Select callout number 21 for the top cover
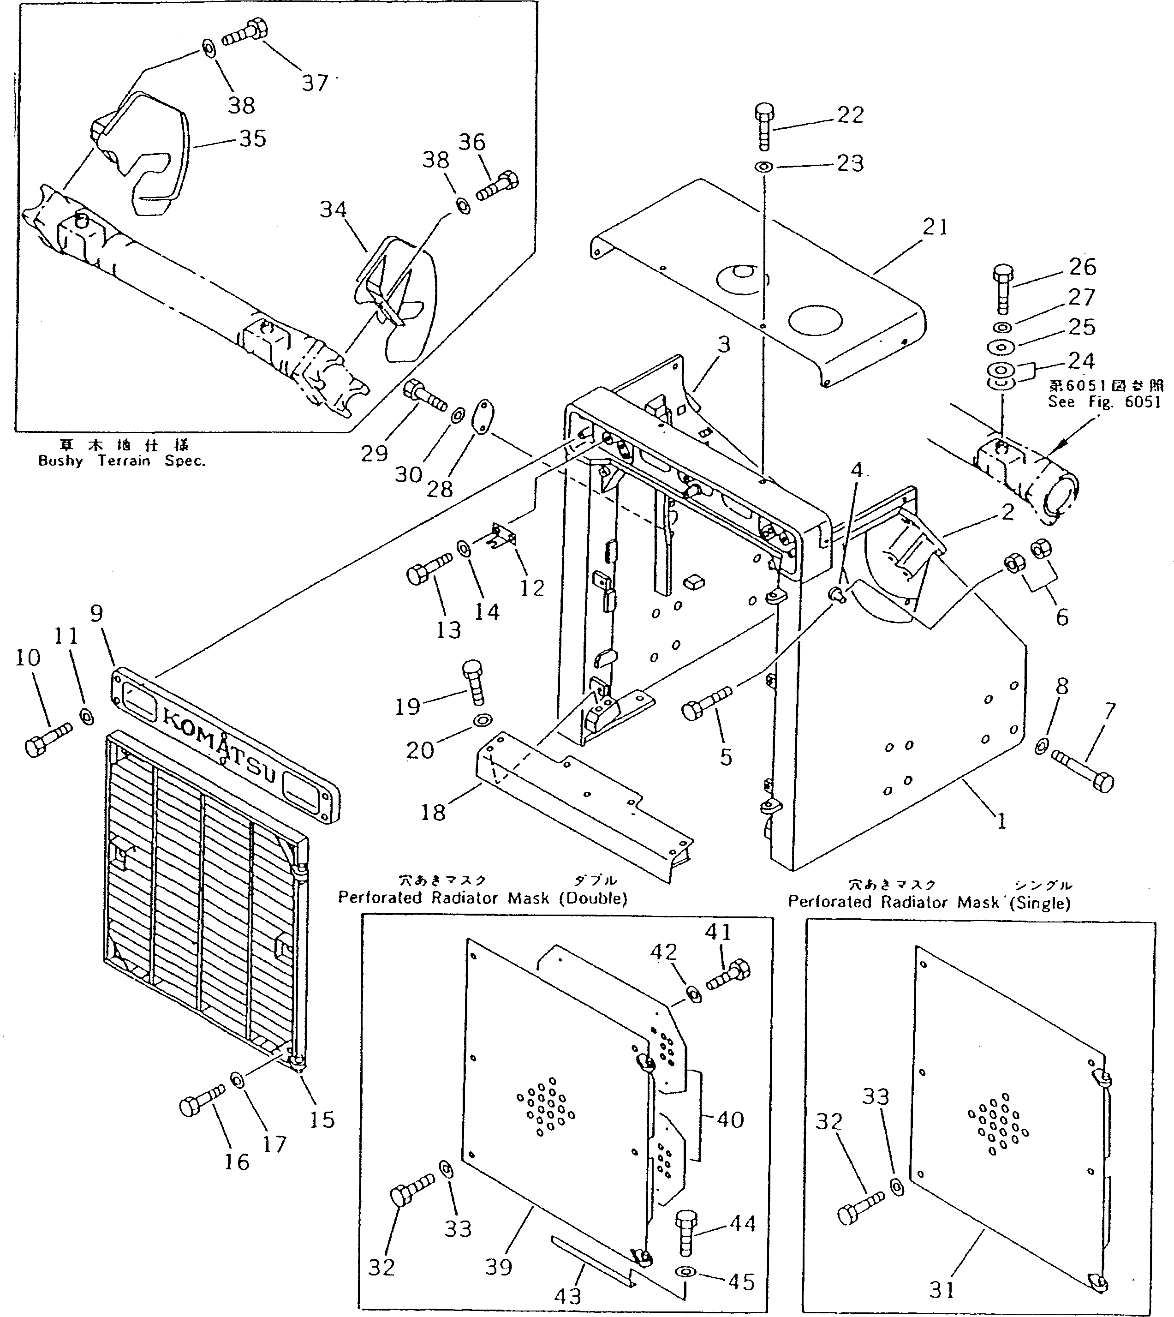pos(936,227)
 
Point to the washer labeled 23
pos(764,167)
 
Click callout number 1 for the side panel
pos(1001,821)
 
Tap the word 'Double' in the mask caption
pos(593,898)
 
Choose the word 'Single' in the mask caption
pos(1039,903)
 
